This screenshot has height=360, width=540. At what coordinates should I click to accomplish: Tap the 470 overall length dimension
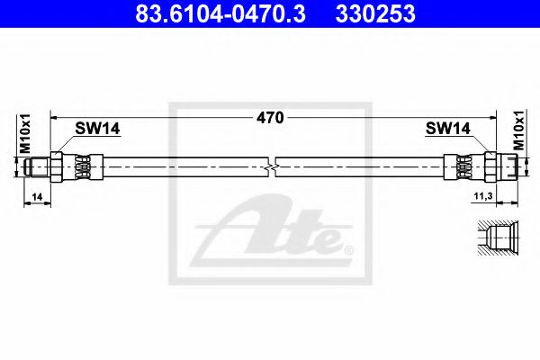tap(271, 117)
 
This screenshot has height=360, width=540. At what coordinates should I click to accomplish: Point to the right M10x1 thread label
tap(517, 133)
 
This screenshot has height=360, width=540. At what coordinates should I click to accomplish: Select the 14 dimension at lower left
tap(36, 195)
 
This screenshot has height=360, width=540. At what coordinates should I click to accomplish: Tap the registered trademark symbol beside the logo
tap(350, 249)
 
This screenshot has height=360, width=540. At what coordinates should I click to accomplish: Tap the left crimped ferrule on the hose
tap(83, 166)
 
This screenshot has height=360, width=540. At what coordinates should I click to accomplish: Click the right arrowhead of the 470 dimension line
tap(493, 117)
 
